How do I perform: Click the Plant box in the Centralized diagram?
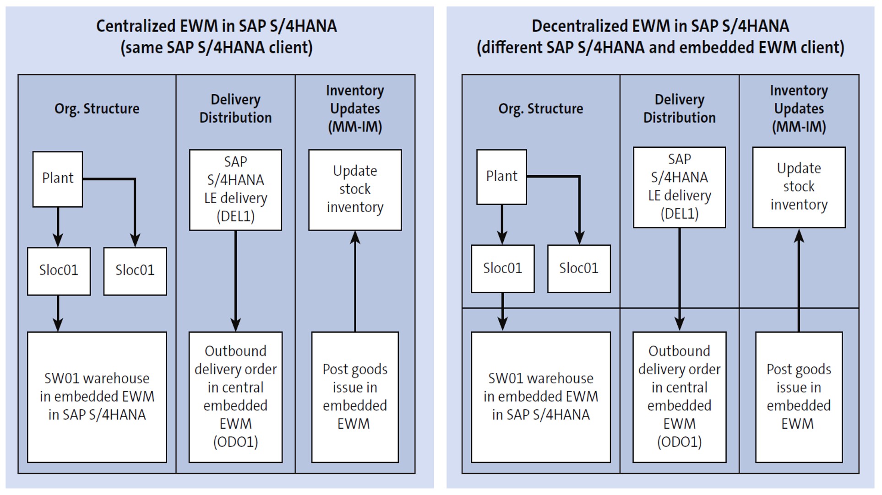coord(58,179)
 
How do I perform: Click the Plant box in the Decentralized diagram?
coord(501,177)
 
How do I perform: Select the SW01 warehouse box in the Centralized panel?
coord(97,397)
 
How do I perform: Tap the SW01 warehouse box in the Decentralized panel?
coord(540,397)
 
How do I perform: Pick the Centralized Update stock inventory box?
coord(355,189)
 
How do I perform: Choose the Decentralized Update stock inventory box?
coord(799,187)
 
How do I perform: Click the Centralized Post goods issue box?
coord(354,397)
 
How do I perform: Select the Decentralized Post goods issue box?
coord(798,397)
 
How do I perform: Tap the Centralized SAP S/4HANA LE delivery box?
coord(235,189)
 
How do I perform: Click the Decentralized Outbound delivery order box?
coord(679,397)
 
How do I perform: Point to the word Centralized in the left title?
coord(135,26)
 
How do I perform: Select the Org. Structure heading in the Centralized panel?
coord(97,109)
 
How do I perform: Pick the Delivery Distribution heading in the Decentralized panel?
coord(679,109)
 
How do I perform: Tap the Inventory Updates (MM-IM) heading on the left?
coord(355,109)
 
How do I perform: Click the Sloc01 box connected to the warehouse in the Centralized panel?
coord(59,271)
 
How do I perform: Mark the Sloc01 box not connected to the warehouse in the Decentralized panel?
coord(579,269)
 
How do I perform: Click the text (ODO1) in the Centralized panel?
coord(235,442)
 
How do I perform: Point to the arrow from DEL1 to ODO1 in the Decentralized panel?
coord(679,279)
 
